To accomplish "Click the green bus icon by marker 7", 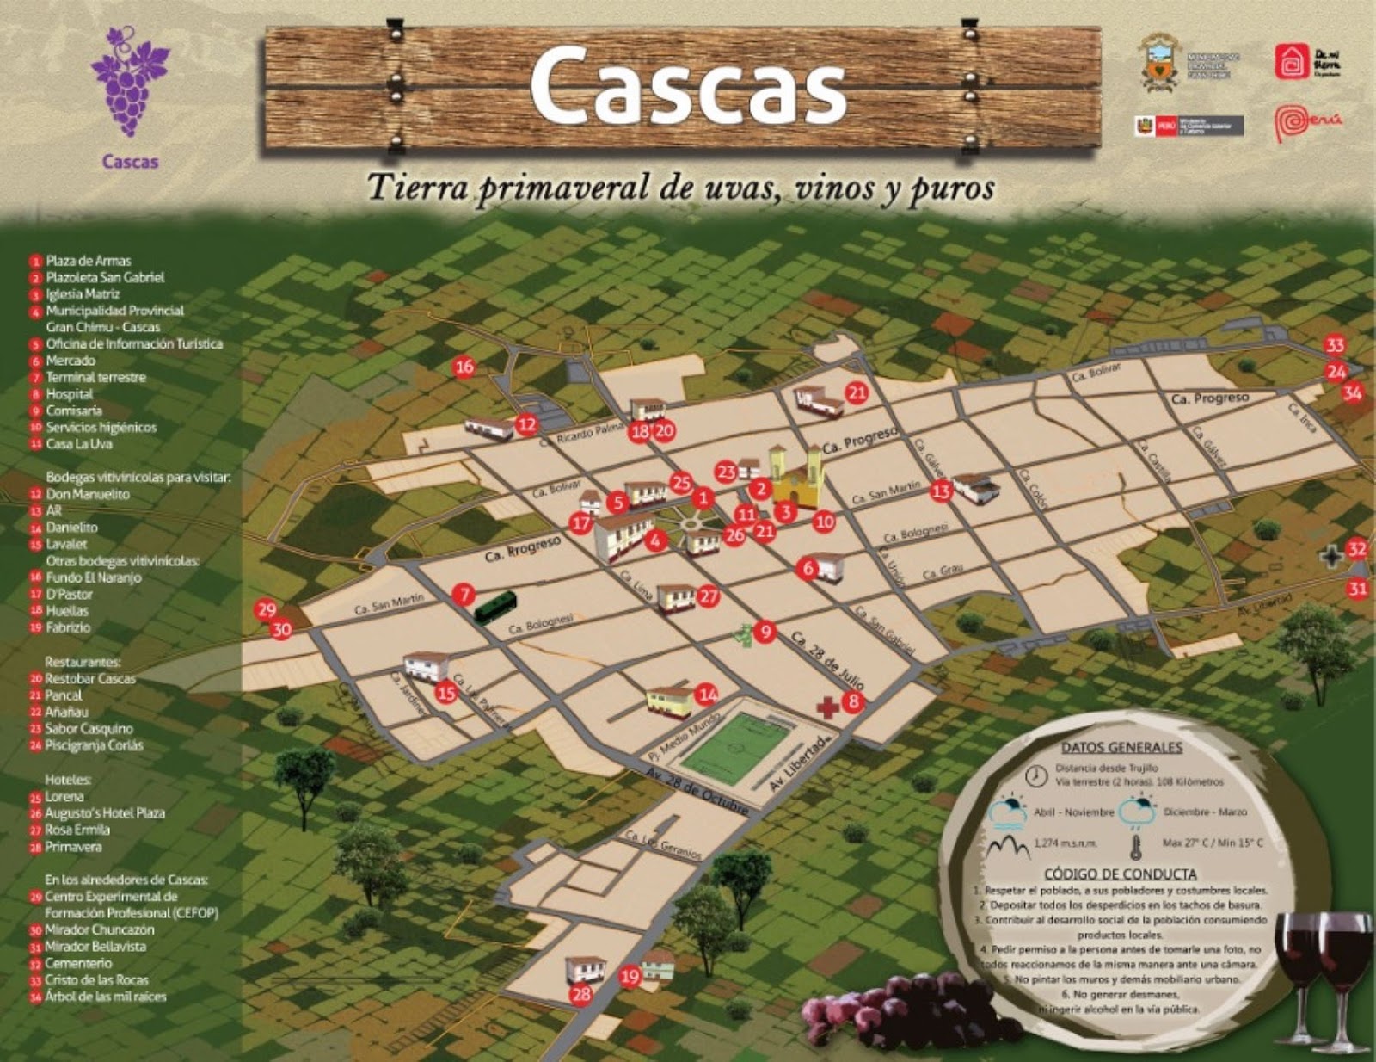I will [495, 607].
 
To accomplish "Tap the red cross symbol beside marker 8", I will [827, 707].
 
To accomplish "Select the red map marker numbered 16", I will [464, 367].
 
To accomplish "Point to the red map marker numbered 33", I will [1334, 346].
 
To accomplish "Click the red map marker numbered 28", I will [581, 995].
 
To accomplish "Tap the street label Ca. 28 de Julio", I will [827, 662].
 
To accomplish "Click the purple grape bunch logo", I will [131, 82].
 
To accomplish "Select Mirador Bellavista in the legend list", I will [95, 947].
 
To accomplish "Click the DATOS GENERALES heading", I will [1121, 748].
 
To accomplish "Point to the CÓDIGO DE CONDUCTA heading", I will [1120, 874].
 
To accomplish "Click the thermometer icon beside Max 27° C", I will [1135, 847].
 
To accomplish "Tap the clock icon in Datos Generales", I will [1037, 775].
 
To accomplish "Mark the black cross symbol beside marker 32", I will [1331, 557].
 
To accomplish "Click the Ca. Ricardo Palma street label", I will [581, 435].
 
